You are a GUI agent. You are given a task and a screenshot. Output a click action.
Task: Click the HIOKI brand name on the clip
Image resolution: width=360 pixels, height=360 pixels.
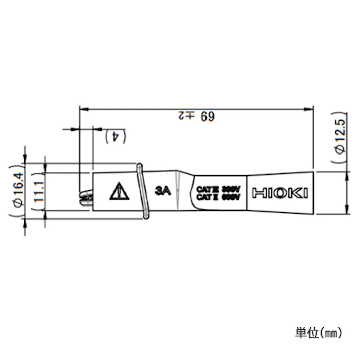pos(280,193)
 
